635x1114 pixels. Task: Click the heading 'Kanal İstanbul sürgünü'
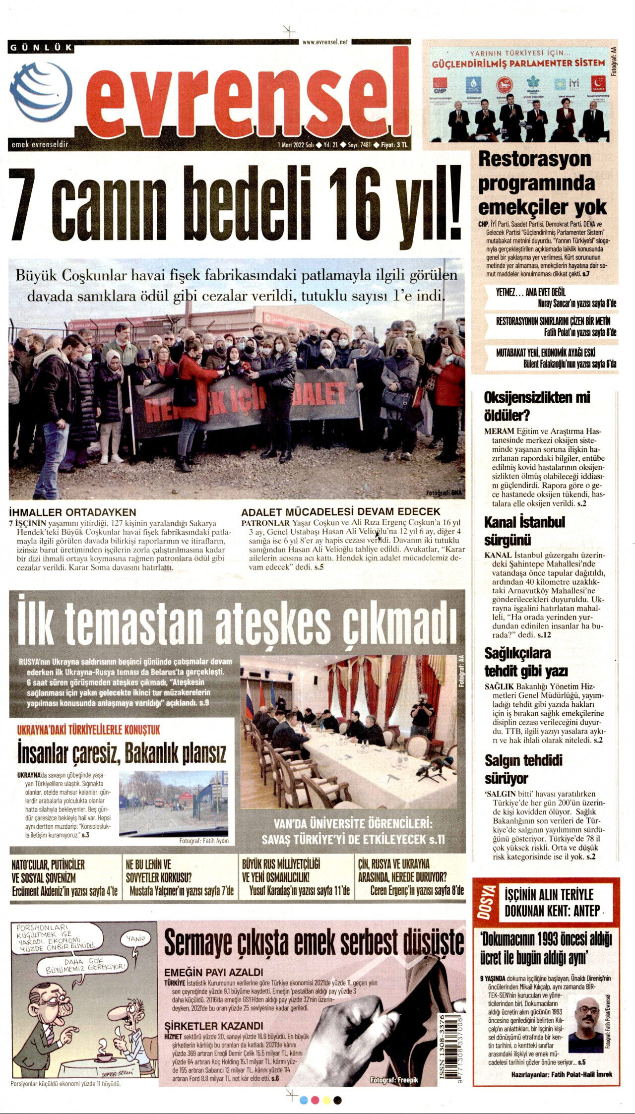pos(524,530)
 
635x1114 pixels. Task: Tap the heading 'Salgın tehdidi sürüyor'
pos(523,769)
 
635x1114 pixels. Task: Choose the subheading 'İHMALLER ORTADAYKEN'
pos(72,512)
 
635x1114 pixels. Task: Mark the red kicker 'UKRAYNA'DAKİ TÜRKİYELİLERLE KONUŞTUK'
pos(89,730)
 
